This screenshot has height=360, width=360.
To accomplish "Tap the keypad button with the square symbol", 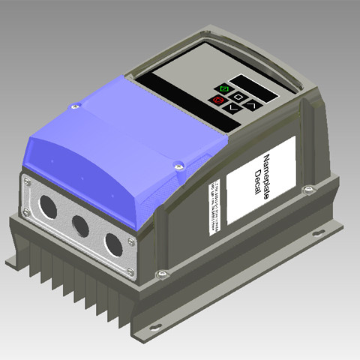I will pos(238,96).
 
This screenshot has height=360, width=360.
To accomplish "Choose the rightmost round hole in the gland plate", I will pos(113,244).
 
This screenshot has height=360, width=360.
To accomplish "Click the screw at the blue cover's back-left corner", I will pos(74,107).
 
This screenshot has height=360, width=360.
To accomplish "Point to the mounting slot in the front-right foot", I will pos(155,327).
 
